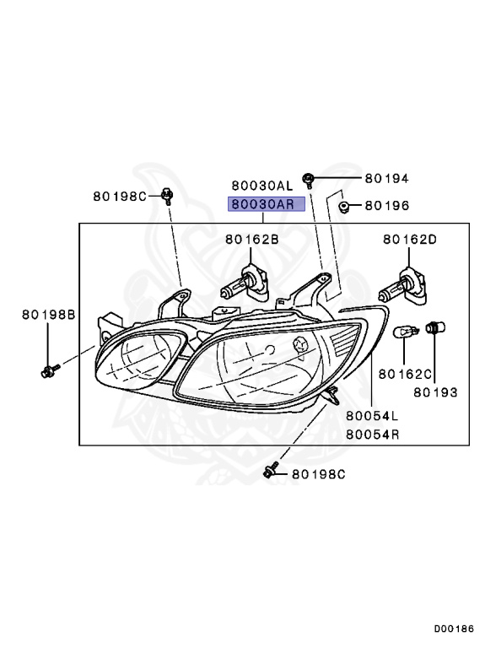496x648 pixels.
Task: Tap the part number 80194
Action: pyautogui.click(x=386, y=179)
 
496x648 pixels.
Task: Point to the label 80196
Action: pyautogui.click(x=386, y=205)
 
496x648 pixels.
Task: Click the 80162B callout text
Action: pyautogui.click(x=252, y=240)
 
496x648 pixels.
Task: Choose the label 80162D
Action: pyautogui.click(x=409, y=240)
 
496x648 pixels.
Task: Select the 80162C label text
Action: pyautogui.click(x=405, y=372)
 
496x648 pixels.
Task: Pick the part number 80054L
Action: pyautogui.click(x=372, y=417)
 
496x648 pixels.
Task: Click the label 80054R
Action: pyautogui.click(x=372, y=435)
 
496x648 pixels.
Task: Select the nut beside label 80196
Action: pyautogui.click(x=344, y=206)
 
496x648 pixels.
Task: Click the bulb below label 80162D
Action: pyautogui.click(x=400, y=289)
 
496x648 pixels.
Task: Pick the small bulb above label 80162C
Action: pyautogui.click(x=407, y=333)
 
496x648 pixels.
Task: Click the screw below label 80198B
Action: pyautogui.click(x=50, y=369)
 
